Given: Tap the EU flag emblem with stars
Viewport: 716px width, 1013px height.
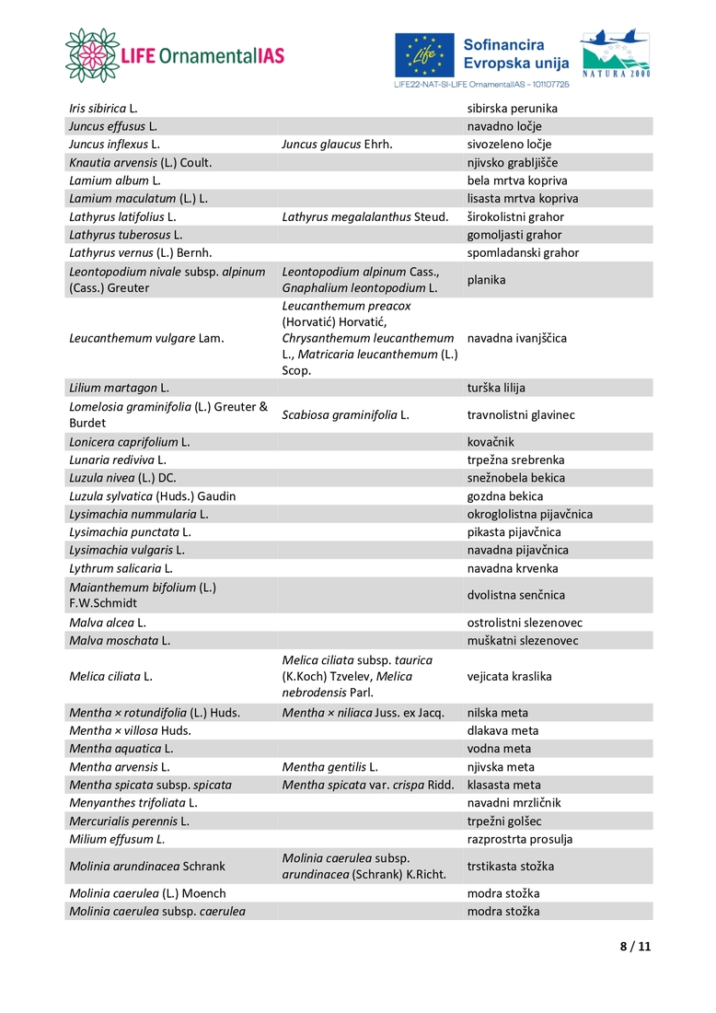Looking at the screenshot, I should click(424, 55).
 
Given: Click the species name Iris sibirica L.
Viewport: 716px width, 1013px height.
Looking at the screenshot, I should click(103, 109).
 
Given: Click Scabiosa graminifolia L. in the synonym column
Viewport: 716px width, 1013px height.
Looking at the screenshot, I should click(345, 415).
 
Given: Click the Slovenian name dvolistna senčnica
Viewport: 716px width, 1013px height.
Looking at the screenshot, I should click(516, 595).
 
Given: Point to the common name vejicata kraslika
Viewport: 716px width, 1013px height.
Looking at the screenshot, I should click(509, 676).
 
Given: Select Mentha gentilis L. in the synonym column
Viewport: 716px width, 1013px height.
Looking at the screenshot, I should click(330, 767).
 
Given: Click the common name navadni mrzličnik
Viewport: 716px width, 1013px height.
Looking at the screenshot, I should click(514, 803).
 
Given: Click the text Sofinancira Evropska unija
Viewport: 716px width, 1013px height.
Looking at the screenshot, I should click(516, 53).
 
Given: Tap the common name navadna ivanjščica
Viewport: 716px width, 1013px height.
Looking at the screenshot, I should click(516, 338).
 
